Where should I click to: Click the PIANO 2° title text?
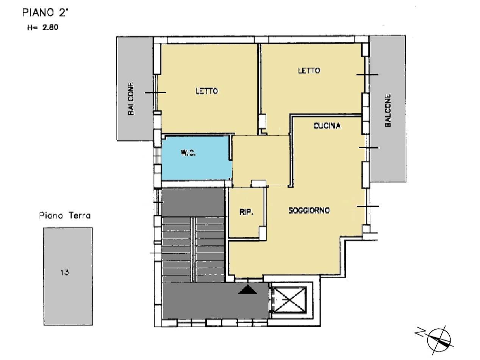tap(45, 13)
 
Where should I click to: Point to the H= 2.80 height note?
tap(43, 28)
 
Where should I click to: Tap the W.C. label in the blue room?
tap(188, 153)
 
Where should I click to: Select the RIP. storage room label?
tap(247, 212)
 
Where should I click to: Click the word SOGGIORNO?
tap(309, 210)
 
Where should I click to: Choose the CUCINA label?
tap(327, 125)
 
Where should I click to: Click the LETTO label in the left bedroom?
tap(206, 91)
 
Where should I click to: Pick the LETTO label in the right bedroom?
tap(309, 70)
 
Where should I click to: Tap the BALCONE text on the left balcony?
tap(131, 99)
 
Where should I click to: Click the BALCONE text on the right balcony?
tap(388, 110)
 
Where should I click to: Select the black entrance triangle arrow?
tap(247, 290)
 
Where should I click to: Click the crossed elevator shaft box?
tap(289, 299)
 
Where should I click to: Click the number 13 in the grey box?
tap(64, 272)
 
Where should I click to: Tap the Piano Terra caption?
tap(65, 216)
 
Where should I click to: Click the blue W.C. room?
tap(197, 158)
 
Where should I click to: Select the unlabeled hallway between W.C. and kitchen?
tap(261, 161)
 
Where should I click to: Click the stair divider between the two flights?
tap(193, 250)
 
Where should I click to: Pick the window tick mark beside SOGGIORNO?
tap(368, 206)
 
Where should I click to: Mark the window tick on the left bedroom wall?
tap(155, 92)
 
